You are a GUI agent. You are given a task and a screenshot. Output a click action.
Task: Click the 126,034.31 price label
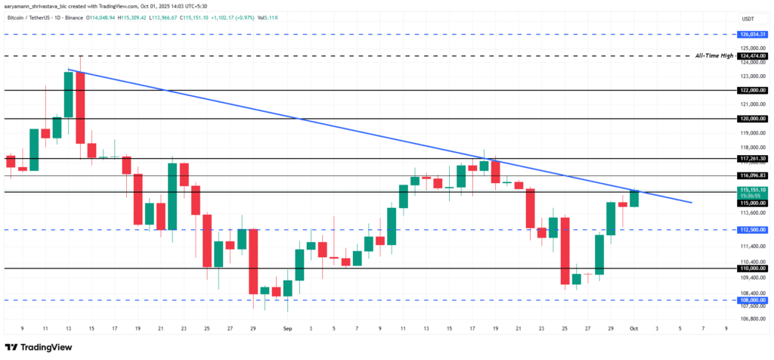coord(752,34)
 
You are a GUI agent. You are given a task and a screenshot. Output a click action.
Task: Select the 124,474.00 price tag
coord(752,56)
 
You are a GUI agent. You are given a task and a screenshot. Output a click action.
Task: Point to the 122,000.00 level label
coord(752,90)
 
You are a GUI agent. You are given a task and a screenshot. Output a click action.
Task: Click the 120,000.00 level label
coord(752,119)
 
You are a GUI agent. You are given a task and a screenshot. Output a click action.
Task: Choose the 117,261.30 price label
coord(752,159)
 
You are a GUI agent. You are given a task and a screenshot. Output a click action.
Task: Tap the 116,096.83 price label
coord(752,175)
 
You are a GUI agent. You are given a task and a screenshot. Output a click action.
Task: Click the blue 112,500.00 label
coord(752,230)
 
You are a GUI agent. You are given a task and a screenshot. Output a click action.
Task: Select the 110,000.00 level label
coord(752,268)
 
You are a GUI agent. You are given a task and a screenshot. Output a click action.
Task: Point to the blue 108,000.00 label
coord(752,300)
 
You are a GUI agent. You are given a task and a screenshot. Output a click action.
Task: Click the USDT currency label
coord(748,18)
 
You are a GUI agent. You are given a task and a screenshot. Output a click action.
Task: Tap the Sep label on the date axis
coord(287,329)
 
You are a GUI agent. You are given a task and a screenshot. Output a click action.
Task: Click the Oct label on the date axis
coord(635,329)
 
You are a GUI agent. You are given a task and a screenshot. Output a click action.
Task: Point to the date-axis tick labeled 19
coord(138,329)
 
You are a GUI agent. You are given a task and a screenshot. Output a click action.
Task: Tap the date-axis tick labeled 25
coord(207,329)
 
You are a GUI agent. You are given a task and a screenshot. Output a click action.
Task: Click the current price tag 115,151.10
coord(752,190)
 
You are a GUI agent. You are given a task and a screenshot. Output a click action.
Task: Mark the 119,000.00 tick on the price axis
coord(752,133)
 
